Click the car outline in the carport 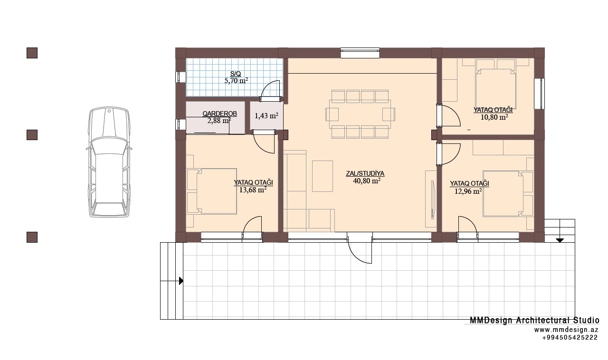coord(109,162)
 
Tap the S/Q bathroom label coord(235,74)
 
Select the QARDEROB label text coord(219,114)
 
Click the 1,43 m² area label coord(266,116)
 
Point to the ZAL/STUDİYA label coord(365,174)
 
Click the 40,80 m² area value coord(366,181)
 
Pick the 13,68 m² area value coord(253,190)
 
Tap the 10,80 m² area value coord(494,117)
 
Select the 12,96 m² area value coord(468,191)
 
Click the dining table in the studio coord(360,114)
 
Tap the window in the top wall coord(360,53)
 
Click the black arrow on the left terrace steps coord(181,281)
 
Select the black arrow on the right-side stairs coord(560,240)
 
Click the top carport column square coord(32,53)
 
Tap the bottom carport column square coord(32,237)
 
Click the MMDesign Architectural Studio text coord(534,321)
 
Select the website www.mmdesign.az coord(566,330)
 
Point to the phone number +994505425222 coord(570,338)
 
